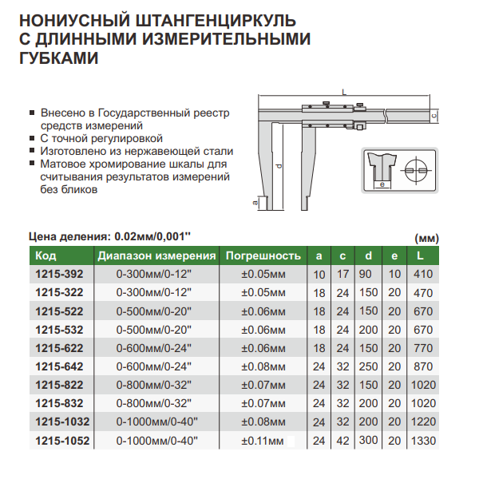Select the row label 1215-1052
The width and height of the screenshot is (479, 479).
pos(62,440)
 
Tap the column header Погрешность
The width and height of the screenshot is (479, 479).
pos(263,256)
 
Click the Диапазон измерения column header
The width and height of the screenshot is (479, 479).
pos(157,256)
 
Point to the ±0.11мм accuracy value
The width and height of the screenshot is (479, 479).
pos(263,440)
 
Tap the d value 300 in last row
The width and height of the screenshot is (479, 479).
pos(368,440)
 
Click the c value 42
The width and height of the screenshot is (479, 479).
pos(343,440)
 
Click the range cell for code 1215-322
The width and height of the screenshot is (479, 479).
pos(156,292)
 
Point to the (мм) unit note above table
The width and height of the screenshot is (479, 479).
pos(428,238)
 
